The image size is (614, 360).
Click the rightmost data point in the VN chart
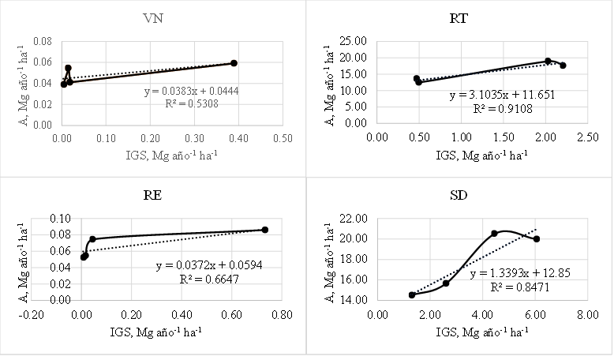click(234, 63)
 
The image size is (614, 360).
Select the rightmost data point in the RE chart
click(265, 230)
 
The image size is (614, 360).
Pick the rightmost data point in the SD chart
click(537, 239)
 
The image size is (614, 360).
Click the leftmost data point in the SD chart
click(412, 294)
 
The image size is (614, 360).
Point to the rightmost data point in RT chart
click(563, 66)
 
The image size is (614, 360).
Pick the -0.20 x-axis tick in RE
click(31, 313)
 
